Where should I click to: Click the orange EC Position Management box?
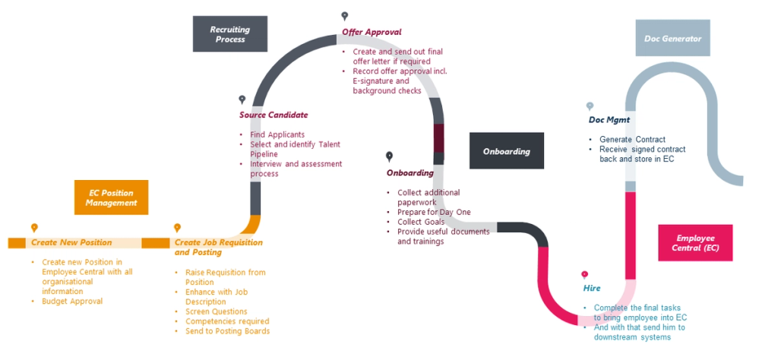(111, 197)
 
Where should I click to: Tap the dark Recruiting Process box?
(230, 34)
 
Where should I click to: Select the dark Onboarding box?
(506, 151)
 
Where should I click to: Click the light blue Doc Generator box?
(668, 38)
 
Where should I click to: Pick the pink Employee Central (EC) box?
(696, 243)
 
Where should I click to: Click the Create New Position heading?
(71, 243)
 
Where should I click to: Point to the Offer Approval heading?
(372, 32)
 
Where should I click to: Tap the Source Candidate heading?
(274, 115)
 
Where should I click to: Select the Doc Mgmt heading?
(609, 120)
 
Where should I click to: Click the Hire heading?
(592, 289)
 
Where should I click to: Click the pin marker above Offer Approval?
(345, 16)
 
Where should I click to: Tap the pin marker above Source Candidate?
(242, 99)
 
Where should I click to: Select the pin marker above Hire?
(584, 274)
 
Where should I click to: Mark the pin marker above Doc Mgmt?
(590, 106)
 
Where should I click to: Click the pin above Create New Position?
(34, 227)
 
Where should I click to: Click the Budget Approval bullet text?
(67, 302)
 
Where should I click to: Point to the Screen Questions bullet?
(216, 311)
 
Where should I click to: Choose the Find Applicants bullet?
(277, 134)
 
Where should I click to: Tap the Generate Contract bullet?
(632, 140)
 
